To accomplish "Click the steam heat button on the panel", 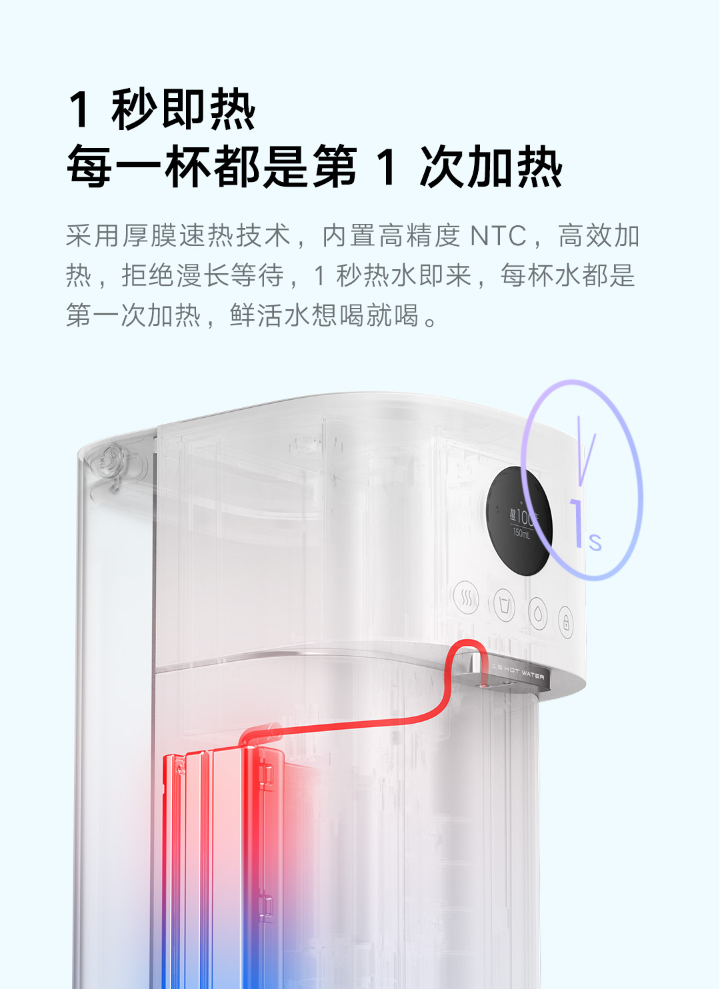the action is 466,598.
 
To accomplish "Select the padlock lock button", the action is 566,622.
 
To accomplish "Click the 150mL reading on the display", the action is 521,534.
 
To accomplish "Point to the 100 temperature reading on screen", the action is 523,516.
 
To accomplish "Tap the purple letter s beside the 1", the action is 595,542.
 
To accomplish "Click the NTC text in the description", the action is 498,236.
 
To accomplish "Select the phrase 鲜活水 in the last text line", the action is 270,315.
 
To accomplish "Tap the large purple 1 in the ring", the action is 577,524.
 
